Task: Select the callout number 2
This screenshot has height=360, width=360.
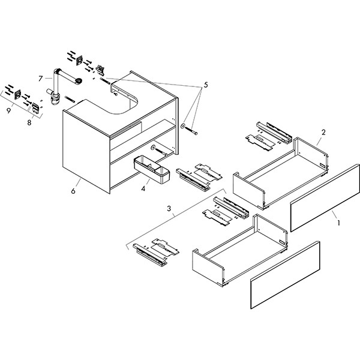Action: pyautogui.click(x=323, y=131)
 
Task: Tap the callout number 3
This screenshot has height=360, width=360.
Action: pyautogui.click(x=170, y=209)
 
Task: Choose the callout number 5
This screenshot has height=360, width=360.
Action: pyautogui.click(x=205, y=85)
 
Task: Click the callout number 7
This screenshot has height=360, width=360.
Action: pyautogui.click(x=40, y=78)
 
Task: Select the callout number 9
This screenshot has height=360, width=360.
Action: pyautogui.click(x=8, y=110)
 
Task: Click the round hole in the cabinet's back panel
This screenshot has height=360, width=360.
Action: pyautogui.click(x=155, y=146)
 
